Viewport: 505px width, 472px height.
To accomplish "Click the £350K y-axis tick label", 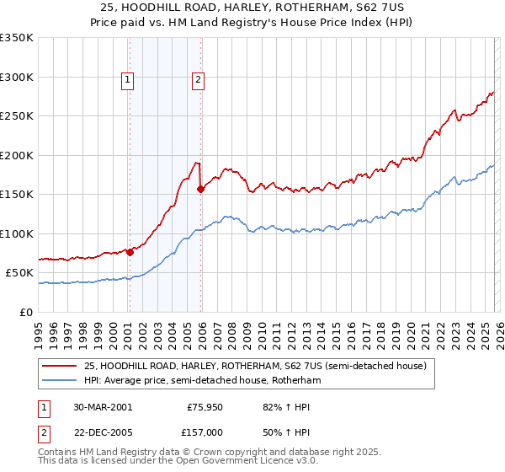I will coord(17,38).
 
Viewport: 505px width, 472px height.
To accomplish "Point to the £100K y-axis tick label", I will coord(17,233).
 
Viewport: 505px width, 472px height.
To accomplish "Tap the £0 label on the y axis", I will coord(25,312).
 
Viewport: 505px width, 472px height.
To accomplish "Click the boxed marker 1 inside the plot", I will coord(127,80).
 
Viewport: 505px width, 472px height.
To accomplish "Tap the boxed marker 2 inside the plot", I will coord(198,80).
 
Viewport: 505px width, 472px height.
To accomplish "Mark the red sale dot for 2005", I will coord(201,190).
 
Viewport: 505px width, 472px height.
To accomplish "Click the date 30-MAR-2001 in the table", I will coord(102,406).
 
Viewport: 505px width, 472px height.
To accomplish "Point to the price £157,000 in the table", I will coord(205,431).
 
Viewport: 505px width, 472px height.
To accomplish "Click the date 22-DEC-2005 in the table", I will coord(102,431).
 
